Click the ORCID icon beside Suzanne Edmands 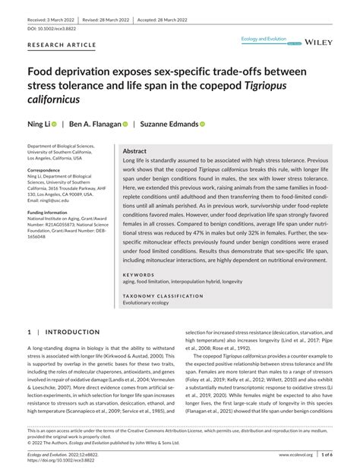(x=203, y=123)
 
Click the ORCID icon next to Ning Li (x=54, y=123)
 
